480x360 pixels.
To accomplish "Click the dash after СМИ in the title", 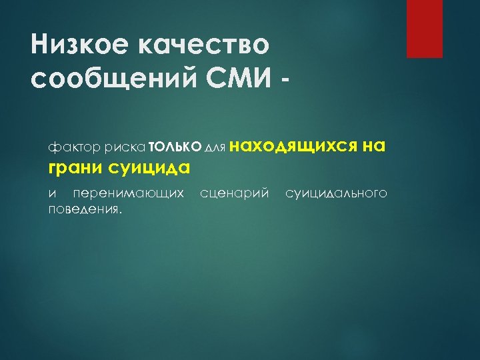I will [286, 83].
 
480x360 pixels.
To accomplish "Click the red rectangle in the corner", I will [425, 29].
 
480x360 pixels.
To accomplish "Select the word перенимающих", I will [128, 194].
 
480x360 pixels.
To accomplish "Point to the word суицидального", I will [336, 194].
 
